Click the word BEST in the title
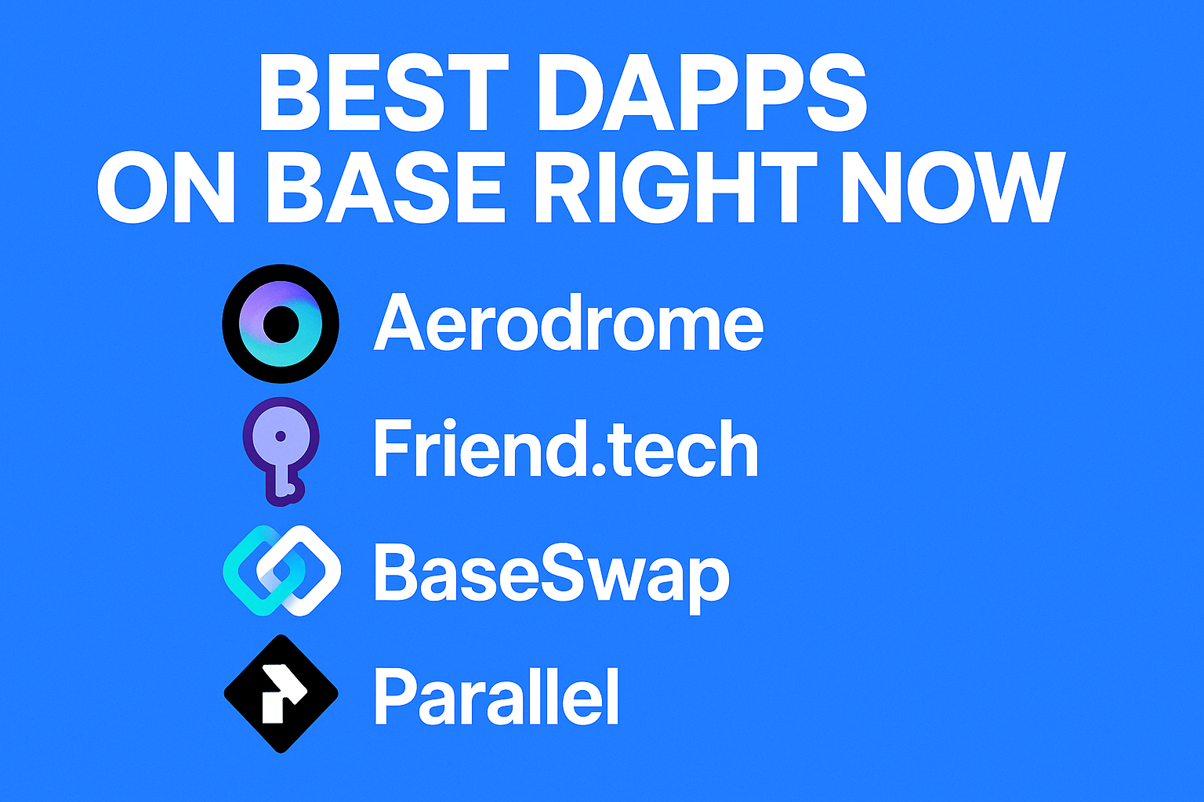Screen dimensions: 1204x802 tap(384, 92)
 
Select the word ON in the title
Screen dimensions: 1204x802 tap(166, 186)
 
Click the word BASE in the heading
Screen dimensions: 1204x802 tap(386, 186)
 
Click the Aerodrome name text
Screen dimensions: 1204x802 tap(568, 323)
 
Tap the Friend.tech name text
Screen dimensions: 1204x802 tap(565, 447)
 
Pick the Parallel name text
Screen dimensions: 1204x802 tap(496, 696)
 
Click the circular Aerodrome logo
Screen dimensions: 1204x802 tap(281, 323)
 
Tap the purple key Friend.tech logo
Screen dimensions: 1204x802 tap(281, 452)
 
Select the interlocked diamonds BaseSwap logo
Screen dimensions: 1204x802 tap(281, 570)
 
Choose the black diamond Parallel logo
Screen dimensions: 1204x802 tap(281, 693)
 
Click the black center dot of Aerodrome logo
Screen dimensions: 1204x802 tap(281, 324)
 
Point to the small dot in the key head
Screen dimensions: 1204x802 tap(280, 435)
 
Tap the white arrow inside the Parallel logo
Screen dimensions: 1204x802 tap(281, 693)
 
